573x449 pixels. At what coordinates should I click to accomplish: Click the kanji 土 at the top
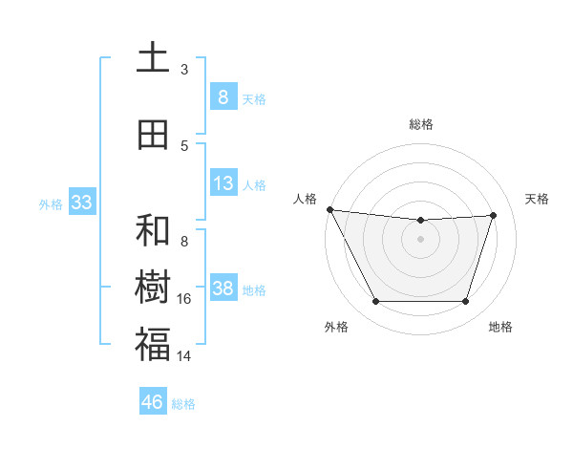tap(153, 58)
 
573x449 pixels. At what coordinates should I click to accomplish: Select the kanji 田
tap(153, 136)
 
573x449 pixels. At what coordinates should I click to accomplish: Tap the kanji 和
tap(153, 230)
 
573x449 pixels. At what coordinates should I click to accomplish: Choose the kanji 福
tap(153, 344)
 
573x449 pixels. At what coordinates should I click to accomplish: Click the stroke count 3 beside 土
tap(184, 70)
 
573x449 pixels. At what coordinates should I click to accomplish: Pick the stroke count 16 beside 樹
tap(184, 299)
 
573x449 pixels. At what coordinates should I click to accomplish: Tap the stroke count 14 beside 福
tap(184, 356)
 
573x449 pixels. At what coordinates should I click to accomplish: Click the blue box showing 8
tap(223, 97)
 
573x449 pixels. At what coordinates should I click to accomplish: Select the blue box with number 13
tap(223, 183)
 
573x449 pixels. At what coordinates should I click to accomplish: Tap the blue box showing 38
tap(223, 289)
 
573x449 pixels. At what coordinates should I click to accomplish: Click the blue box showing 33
tap(81, 203)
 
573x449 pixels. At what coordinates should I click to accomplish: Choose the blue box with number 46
tap(153, 402)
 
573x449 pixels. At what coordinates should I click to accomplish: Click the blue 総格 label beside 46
tap(183, 404)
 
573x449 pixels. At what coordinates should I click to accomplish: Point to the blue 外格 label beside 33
tap(51, 204)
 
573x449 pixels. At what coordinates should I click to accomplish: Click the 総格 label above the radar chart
tap(420, 124)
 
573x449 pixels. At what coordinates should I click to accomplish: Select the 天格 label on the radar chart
tap(538, 199)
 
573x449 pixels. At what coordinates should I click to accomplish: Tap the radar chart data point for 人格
tap(329, 209)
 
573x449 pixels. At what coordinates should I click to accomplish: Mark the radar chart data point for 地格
tap(466, 302)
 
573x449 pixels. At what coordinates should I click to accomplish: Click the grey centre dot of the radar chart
tap(420, 239)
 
